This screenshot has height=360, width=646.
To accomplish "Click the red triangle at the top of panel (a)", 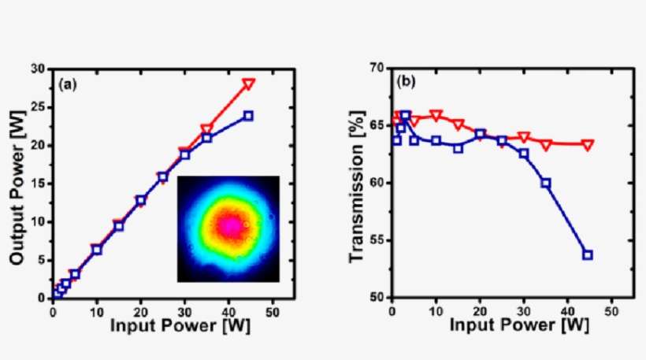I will [x=248, y=84].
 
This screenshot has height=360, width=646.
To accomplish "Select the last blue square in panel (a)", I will [x=248, y=116].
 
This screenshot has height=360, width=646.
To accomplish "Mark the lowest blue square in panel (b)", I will [x=587, y=254].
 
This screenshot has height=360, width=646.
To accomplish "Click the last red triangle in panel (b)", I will [x=587, y=144].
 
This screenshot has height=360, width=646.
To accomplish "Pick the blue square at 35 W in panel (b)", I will [x=545, y=183].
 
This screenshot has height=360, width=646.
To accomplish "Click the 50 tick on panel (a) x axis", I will [x=273, y=310].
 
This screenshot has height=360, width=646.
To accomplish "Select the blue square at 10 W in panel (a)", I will [x=97, y=250].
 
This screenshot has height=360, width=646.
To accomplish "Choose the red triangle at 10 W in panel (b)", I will [x=436, y=115].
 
